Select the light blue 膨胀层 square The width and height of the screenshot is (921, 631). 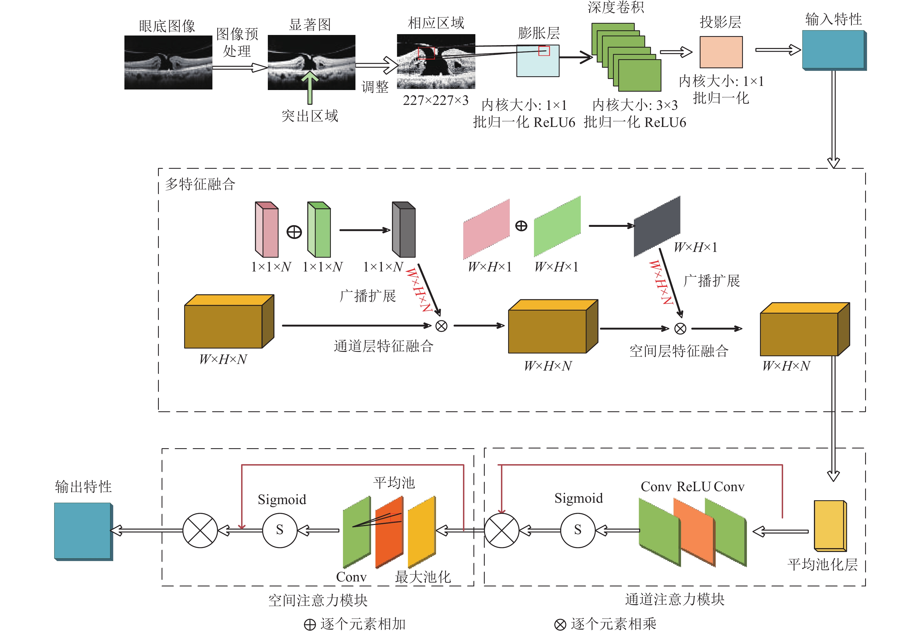pyautogui.click(x=538, y=61)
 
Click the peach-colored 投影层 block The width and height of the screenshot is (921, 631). pyautogui.click(x=721, y=52)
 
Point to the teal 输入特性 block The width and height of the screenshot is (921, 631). pyautogui.click(x=834, y=50)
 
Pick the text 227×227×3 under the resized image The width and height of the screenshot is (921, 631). pyautogui.click(x=435, y=100)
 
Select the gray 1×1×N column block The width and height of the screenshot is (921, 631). pyautogui.click(x=404, y=230)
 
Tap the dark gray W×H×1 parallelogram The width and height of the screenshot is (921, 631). pyautogui.click(x=657, y=226)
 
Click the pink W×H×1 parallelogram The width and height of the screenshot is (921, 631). pyautogui.click(x=486, y=229)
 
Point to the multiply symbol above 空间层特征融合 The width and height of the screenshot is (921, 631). pyautogui.click(x=680, y=329)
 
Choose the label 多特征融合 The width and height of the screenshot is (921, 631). pyautogui.click(x=200, y=184)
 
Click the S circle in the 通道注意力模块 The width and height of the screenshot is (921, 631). pyautogui.click(x=578, y=530)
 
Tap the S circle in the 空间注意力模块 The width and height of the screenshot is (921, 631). pyautogui.click(x=280, y=530)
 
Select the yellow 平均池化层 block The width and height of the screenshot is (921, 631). pyautogui.click(x=830, y=526)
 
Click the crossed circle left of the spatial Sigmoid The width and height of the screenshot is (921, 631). pyautogui.click(x=200, y=530)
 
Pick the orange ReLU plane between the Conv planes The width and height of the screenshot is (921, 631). pyautogui.click(x=694, y=532)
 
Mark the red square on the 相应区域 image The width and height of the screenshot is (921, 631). pyautogui.click(x=426, y=53)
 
